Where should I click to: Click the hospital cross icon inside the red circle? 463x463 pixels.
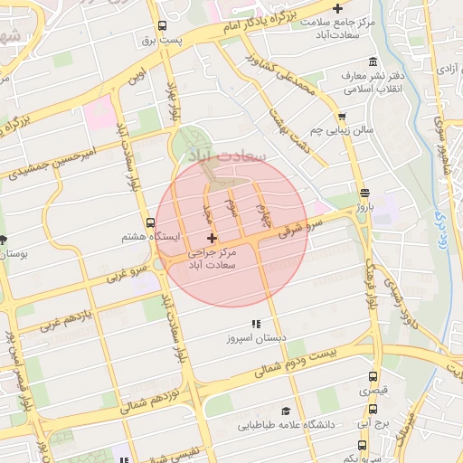click(x=213, y=238)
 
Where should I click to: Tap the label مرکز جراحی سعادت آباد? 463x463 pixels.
click(x=213, y=259)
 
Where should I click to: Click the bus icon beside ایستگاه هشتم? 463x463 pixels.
click(x=150, y=222)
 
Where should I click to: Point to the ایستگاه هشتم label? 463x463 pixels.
click(x=151, y=237)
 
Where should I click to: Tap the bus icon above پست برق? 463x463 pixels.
click(x=161, y=26)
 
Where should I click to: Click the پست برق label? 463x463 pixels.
click(x=161, y=41)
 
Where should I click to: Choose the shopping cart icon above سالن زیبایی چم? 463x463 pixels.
click(x=341, y=117)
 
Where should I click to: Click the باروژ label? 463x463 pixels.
click(x=364, y=207)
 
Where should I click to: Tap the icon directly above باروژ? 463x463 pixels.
click(x=364, y=193)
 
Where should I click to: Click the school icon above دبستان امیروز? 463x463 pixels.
click(x=256, y=323)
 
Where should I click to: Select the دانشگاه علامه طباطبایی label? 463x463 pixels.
click(x=287, y=424)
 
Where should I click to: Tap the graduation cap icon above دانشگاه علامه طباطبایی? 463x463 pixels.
click(x=287, y=410)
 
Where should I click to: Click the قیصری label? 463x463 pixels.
click(x=373, y=391)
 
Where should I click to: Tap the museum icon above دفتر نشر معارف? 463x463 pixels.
click(x=373, y=61)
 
